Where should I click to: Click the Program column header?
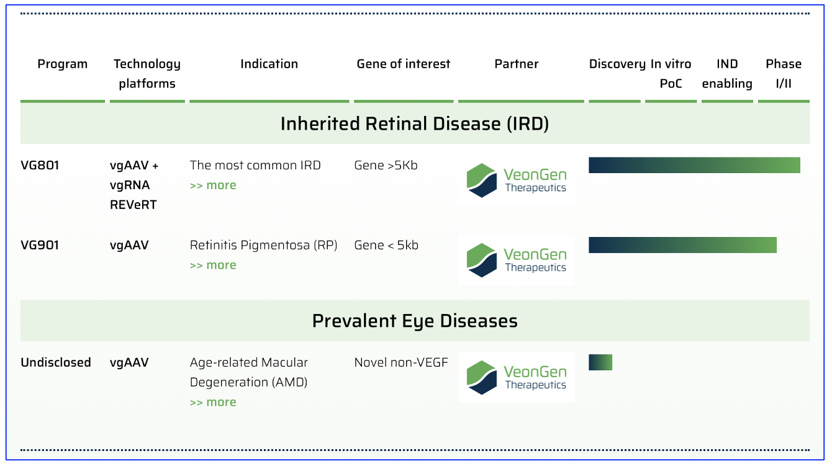coord(62,64)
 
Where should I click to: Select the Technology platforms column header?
coord(147,73)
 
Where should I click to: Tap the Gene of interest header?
coord(404,64)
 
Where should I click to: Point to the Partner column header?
coord(517,64)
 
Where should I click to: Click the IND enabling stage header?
coord(727,73)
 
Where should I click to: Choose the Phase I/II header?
coord(784,73)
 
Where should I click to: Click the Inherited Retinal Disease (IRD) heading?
coord(415,123)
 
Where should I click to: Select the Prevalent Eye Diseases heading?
coord(415,321)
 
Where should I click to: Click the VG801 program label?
coord(40,165)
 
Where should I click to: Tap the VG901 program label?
coord(40,245)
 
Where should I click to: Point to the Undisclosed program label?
coord(56,362)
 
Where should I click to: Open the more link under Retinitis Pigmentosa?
coord(213,265)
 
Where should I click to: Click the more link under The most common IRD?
coord(213,185)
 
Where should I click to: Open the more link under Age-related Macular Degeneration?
coord(213,402)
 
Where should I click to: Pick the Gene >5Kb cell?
coord(386,165)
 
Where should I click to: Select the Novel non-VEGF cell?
coord(400,362)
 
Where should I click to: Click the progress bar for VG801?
coord(694,165)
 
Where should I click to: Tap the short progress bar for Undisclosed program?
coord(600,362)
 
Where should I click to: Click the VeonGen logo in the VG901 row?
coord(517,260)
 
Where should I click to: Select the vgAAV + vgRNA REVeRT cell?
coord(134,185)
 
